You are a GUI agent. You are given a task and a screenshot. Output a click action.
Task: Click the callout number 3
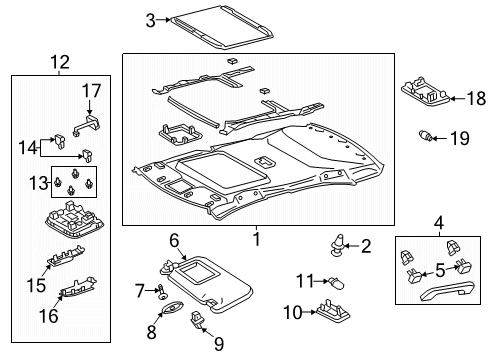tap(150, 19)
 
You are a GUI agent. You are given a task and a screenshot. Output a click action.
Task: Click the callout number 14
tap(27, 147)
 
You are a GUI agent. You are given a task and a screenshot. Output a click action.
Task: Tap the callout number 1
tap(256, 240)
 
